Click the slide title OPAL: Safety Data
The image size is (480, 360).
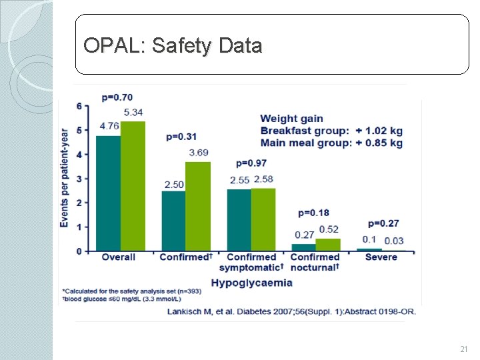[x=173, y=45]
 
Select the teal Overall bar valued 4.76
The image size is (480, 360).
[x=108, y=193]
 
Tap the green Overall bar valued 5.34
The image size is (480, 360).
[x=133, y=186]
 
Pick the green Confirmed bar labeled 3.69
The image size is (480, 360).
[x=198, y=206]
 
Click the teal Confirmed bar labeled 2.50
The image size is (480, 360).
[x=173, y=221]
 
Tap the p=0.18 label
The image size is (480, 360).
[x=313, y=213]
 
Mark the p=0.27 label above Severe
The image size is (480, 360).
[x=383, y=223]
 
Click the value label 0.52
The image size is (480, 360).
[x=329, y=229]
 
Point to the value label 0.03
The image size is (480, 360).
[x=394, y=241]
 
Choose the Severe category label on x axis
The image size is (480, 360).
[x=381, y=257]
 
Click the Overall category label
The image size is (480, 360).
[x=118, y=257]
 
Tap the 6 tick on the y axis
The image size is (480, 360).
[x=79, y=106]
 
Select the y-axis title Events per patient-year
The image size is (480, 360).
[x=65, y=177]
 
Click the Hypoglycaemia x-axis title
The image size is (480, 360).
[x=251, y=283]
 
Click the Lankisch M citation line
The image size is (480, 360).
[x=297, y=311]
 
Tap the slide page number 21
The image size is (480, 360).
[x=464, y=349]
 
